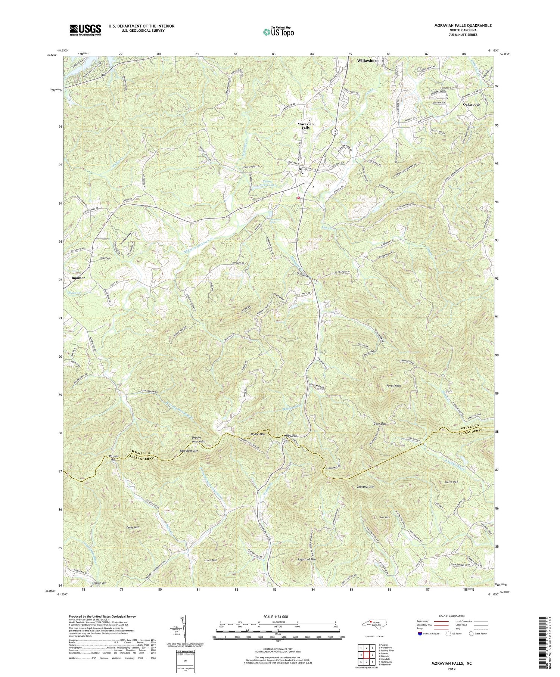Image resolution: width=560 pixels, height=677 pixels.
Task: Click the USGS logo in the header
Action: (x=85, y=30)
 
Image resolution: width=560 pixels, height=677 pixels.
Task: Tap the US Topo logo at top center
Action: (x=278, y=32)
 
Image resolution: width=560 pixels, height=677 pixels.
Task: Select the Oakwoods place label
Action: (x=472, y=105)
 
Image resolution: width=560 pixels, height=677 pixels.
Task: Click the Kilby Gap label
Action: (x=290, y=436)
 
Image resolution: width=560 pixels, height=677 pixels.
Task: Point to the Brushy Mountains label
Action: (x=199, y=439)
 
